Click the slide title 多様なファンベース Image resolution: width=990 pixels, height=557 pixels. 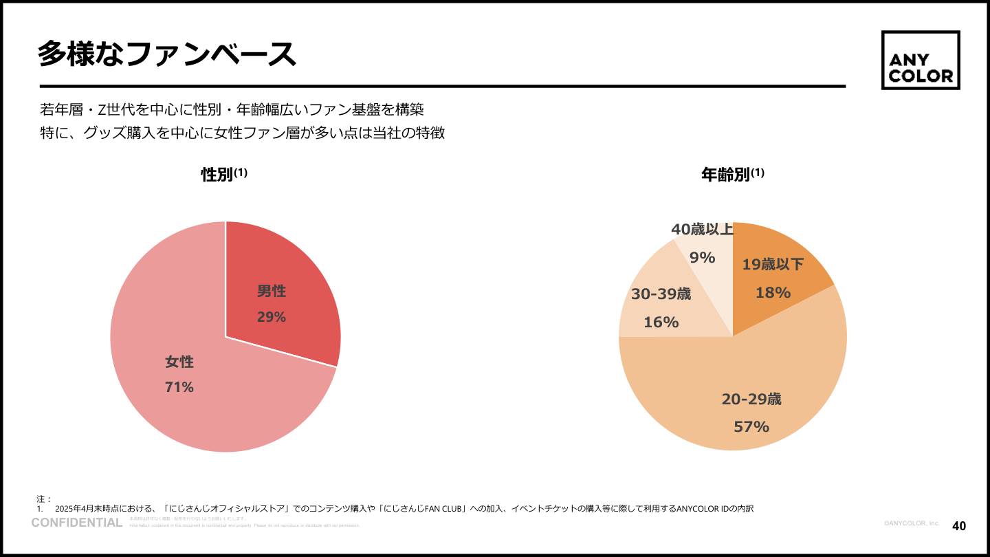(166, 54)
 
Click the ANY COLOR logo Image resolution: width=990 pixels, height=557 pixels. (921, 61)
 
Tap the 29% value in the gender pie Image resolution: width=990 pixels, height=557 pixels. (272, 317)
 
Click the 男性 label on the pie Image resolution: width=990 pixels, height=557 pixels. (272, 292)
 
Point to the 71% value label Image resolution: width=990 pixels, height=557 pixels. (179, 387)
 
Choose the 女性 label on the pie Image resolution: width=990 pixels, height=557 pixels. (179, 362)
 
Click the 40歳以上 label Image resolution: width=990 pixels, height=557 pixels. (702, 230)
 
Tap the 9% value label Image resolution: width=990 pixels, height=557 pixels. (702, 258)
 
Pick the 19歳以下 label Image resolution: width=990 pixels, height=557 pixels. (773, 265)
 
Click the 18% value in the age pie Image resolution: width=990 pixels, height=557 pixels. (773, 293)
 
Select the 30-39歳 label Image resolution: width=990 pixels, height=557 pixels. (661, 294)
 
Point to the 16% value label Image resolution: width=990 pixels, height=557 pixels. (661, 322)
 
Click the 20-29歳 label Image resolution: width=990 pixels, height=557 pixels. (751, 400)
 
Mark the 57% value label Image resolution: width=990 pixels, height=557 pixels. (751, 427)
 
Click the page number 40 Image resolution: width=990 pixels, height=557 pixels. (958, 526)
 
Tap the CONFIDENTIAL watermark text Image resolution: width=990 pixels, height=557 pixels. (77, 523)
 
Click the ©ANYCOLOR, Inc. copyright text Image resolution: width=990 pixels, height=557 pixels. (912, 524)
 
